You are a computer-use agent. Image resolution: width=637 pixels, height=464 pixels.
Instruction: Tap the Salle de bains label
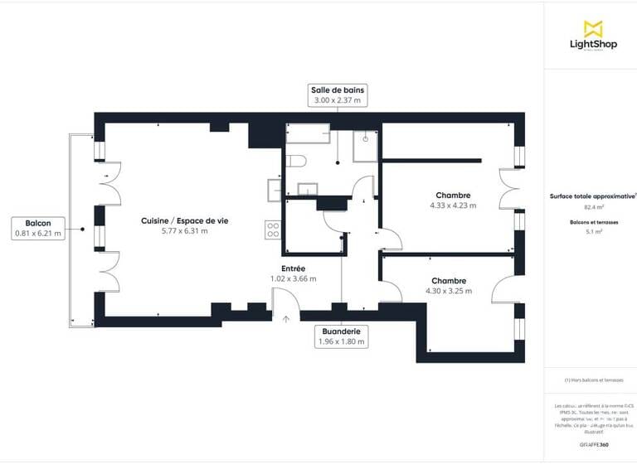338,89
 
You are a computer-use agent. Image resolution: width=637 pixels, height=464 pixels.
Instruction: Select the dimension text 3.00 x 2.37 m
338,100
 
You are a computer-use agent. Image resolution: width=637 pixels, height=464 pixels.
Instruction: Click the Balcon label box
38,229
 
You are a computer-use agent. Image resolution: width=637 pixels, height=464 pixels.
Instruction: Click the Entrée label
294,268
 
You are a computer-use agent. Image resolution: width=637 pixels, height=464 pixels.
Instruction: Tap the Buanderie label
341,330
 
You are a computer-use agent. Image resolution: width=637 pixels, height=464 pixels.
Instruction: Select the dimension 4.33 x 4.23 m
451,205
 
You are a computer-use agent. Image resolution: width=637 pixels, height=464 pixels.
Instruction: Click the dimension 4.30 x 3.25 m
448,291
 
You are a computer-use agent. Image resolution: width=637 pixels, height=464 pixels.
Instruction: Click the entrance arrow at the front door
285,318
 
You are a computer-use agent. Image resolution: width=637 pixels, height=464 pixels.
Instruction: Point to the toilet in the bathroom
298,160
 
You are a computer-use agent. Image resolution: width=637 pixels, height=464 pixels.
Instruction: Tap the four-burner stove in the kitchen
271,230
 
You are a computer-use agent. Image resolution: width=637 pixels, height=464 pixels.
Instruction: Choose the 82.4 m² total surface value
592,208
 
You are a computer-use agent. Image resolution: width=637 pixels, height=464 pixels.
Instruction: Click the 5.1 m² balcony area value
592,233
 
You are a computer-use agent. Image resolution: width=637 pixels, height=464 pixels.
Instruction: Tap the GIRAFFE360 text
593,444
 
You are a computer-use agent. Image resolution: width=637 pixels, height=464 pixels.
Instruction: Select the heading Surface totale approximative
592,196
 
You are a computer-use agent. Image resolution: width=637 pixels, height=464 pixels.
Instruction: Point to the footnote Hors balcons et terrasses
592,379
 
